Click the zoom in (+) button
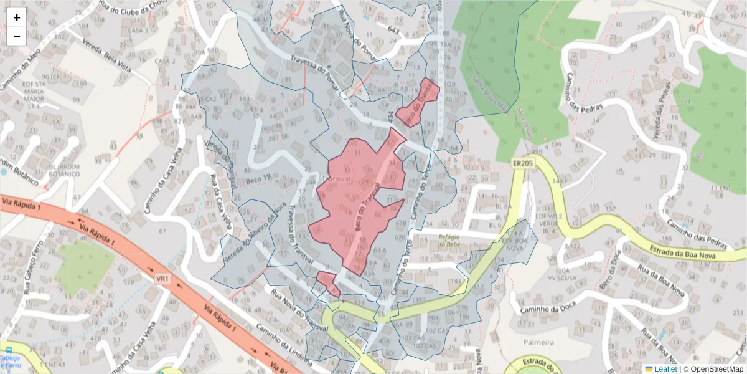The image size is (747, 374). (17, 17)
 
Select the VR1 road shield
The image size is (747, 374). (163, 279)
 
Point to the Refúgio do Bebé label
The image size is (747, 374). (452, 240)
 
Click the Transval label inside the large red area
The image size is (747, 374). (335, 178)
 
